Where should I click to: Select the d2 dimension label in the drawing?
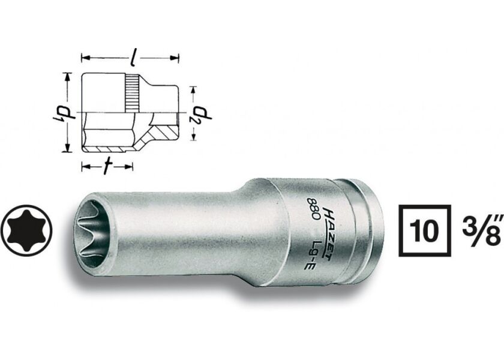coord(193,114)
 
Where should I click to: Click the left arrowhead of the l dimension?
coord(84,58)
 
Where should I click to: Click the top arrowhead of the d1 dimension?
coord(68,76)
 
